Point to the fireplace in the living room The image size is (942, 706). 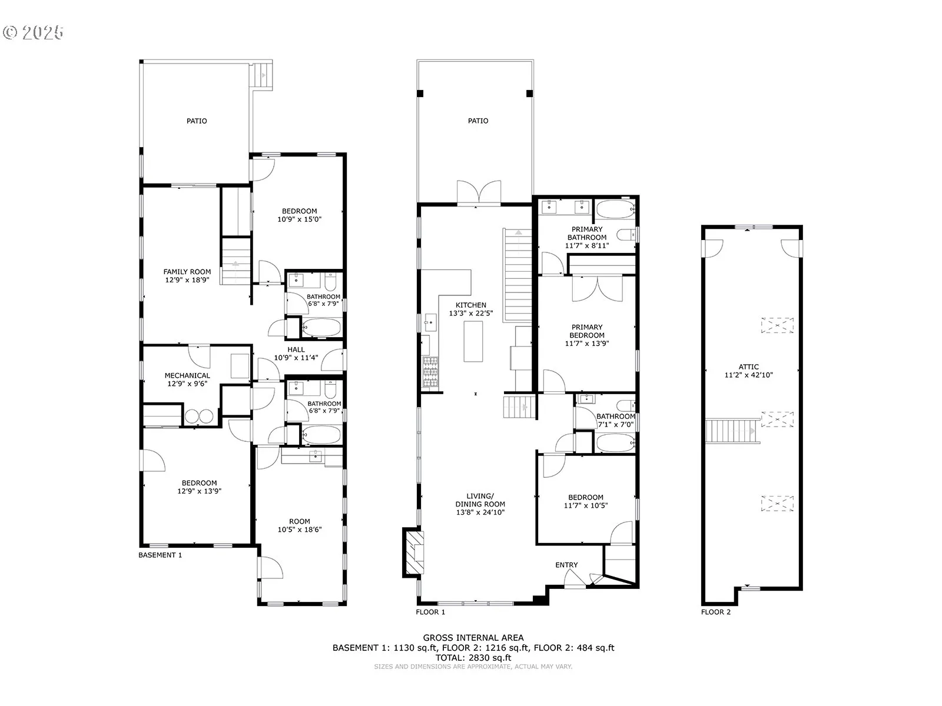pos(413,552)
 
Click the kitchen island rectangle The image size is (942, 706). pos(473,341)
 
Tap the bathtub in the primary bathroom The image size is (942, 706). pos(615,209)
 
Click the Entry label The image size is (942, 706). pos(566,565)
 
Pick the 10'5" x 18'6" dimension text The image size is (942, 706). pos(300,530)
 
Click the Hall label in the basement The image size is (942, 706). pos(296,350)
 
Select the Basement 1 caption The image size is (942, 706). pos(160,555)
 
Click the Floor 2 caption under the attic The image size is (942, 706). pos(716,612)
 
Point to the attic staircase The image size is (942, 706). pos(732,431)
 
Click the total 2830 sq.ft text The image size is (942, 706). pos(473,658)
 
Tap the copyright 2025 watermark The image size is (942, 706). pos(34,32)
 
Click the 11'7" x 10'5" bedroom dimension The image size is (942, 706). pos(586,506)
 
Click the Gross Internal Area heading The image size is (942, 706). pos(473,638)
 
